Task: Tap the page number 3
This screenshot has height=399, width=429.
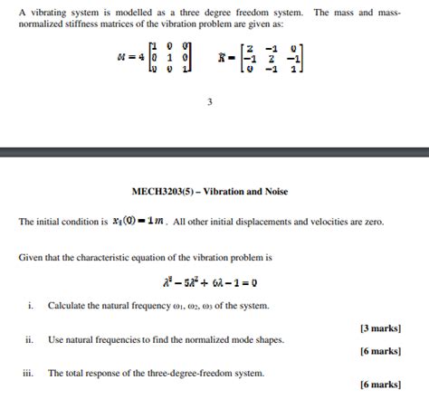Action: (x=210, y=101)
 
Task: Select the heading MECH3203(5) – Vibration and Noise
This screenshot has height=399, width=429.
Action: (x=209, y=192)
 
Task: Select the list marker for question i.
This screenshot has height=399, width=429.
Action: (x=31, y=306)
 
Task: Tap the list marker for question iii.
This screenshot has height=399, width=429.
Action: (x=30, y=373)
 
